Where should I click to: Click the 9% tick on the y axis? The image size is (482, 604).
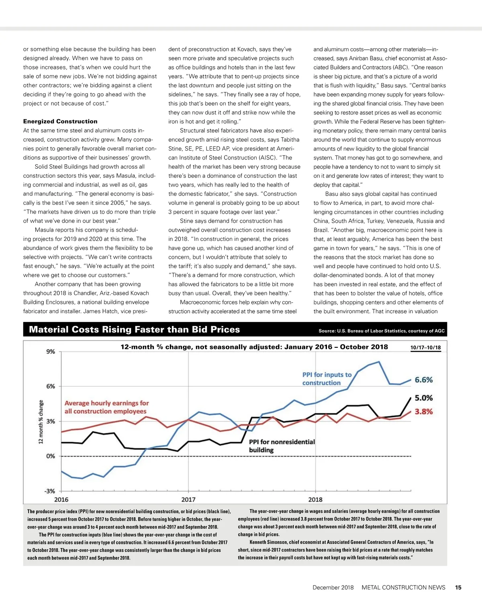pyautogui.click(x=51, y=352)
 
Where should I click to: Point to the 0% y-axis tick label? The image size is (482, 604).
pyautogui.click(x=51, y=456)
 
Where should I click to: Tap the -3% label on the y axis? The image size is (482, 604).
pyautogui.click(x=50, y=491)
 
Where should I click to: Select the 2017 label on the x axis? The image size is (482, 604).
pyautogui.click(x=188, y=500)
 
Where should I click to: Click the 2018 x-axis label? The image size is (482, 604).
pyautogui.click(x=315, y=500)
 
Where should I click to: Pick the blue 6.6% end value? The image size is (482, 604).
pyautogui.click(x=424, y=380)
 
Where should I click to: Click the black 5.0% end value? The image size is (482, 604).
pyautogui.click(x=424, y=398)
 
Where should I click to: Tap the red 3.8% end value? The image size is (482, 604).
pyautogui.click(x=424, y=412)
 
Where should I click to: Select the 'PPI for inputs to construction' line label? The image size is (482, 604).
pyautogui.click(x=327, y=379)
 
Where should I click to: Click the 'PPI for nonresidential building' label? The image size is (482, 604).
pyautogui.click(x=282, y=446)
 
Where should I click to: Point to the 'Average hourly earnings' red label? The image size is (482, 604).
pyautogui.click(x=106, y=407)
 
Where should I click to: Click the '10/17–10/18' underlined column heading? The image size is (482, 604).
pyautogui.click(x=425, y=348)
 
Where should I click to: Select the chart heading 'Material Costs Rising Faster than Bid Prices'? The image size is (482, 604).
pyautogui.click(x=134, y=330)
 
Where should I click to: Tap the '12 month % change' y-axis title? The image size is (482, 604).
pyautogui.click(x=41, y=422)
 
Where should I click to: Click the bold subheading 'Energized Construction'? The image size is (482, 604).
pyautogui.click(x=60, y=121)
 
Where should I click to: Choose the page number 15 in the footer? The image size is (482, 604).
pyautogui.click(x=458, y=588)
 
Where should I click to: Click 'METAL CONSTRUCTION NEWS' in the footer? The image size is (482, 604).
pyautogui.click(x=403, y=588)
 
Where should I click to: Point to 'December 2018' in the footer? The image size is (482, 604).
pyautogui.click(x=333, y=588)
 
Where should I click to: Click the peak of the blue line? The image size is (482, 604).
pyautogui.click(x=379, y=362)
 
